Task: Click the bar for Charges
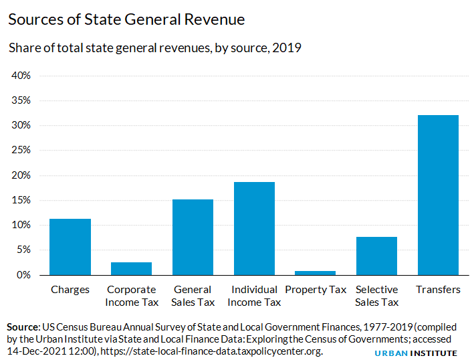(x=70, y=247)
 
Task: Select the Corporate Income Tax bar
(x=131, y=268)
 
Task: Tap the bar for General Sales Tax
(x=193, y=237)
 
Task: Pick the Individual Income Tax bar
(x=254, y=228)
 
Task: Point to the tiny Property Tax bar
(x=315, y=273)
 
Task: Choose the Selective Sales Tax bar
(x=376, y=256)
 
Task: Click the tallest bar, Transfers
(x=438, y=195)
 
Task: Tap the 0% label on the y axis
(x=24, y=275)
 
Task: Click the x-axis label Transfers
(x=438, y=290)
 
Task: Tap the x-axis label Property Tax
(x=316, y=290)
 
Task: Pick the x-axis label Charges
(x=70, y=290)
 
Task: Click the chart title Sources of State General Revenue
(x=126, y=19)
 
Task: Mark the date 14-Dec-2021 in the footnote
(x=35, y=351)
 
